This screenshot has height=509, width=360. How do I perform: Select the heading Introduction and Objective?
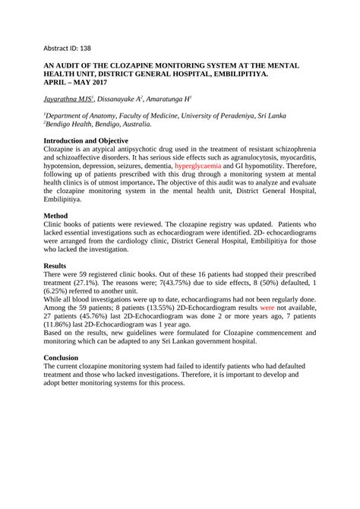[x=86, y=141]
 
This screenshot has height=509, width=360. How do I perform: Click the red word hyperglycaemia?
[x=198, y=165]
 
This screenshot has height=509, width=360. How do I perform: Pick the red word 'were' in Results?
[x=267, y=311]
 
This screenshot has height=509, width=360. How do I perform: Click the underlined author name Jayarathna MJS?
[x=70, y=99]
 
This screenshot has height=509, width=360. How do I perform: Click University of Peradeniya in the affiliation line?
[x=235, y=115]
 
